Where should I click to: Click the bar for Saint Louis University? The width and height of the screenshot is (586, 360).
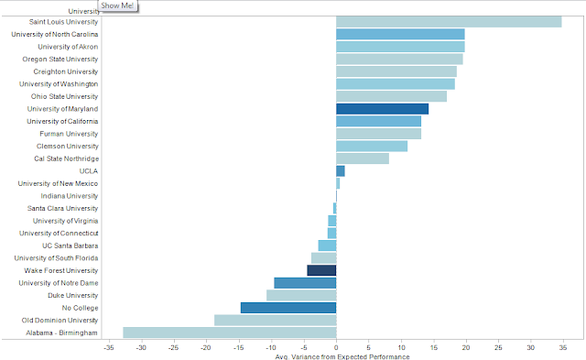coord(449,22)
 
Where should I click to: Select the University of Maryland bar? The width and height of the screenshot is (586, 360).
coord(383,109)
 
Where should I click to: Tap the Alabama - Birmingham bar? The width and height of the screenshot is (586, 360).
coord(230,333)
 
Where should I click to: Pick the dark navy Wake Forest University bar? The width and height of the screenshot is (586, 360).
coord(321,270)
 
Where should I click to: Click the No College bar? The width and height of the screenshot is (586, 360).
coord(288,308)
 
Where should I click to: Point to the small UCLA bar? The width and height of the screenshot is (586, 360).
coord(340,171)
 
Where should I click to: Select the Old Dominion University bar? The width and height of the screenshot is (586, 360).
coord(275,320)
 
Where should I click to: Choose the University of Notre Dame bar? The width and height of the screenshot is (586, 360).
coord(305,283)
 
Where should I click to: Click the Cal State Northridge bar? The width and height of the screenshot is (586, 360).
coord(363,158)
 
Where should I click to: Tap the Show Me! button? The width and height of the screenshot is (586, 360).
coord(117,5)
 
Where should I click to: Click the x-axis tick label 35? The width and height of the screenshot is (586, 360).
coord(563,348)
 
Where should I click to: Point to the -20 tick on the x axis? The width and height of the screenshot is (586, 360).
coord(205,348)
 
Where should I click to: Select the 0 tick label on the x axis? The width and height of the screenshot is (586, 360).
coord(336,348)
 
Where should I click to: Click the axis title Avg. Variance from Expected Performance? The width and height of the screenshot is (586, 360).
coord(342,356)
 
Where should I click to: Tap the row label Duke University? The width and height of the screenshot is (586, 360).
coord(73,295)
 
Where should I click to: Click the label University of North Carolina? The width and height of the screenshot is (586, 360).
coord(55,34)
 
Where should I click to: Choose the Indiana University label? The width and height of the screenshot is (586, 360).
coord(70,196)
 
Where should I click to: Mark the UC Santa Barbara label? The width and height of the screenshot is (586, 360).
coord(71,245)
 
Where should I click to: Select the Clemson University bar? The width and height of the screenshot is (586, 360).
coord(372,147)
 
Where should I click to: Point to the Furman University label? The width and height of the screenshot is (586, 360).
coord(69,134)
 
